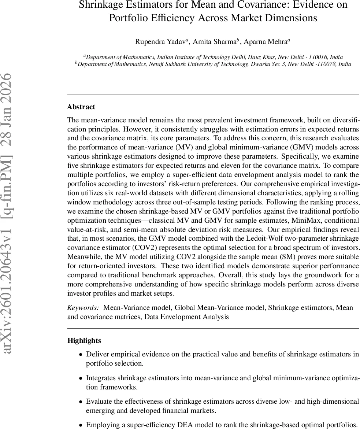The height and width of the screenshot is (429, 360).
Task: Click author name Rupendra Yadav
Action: (x=160, y=41)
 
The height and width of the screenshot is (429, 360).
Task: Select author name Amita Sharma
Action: (x=215, y=41)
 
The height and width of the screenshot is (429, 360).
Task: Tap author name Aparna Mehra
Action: (x=267, y=41)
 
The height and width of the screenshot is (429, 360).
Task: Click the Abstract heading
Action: (x=81, y=107)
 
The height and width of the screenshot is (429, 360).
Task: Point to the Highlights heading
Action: (x=84, y=340)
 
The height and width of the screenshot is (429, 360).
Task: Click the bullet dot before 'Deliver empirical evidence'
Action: (x=81, y=354)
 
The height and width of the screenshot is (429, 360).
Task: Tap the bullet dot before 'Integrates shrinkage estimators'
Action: (x=81, y=378)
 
